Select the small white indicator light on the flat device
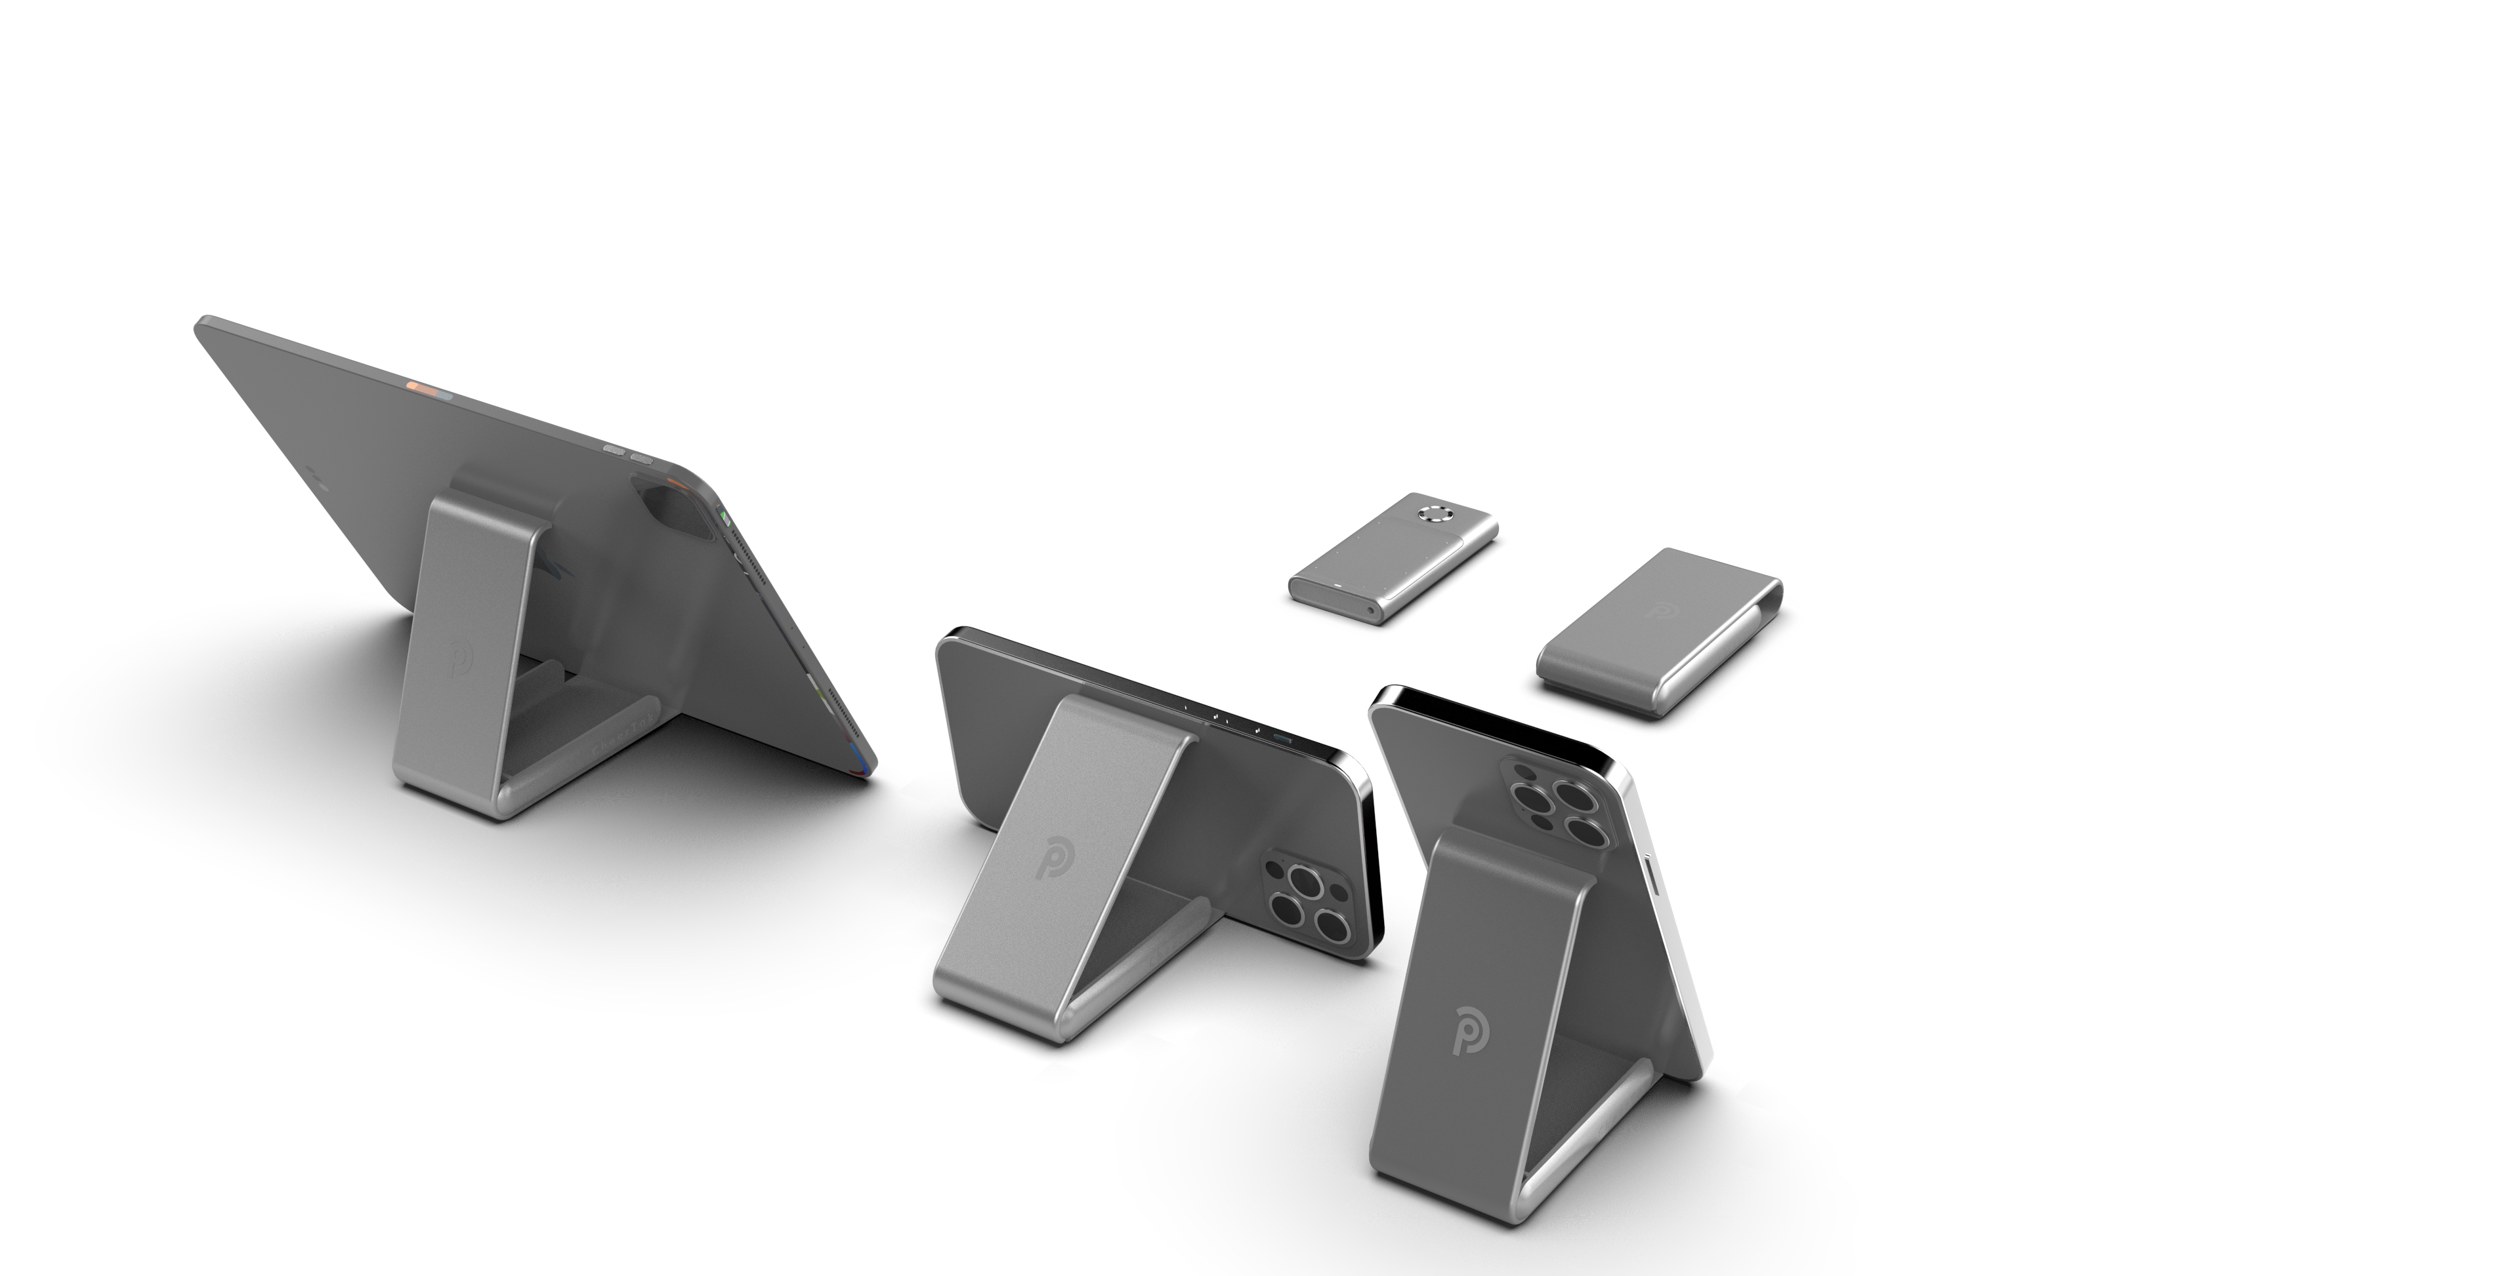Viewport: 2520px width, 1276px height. (1334, 586)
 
